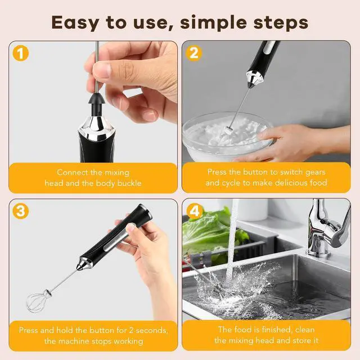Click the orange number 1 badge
[21, 53]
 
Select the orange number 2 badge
[194, 53]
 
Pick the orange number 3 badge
[21, 211]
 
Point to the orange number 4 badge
[195, 211]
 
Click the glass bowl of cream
[228, 137]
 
